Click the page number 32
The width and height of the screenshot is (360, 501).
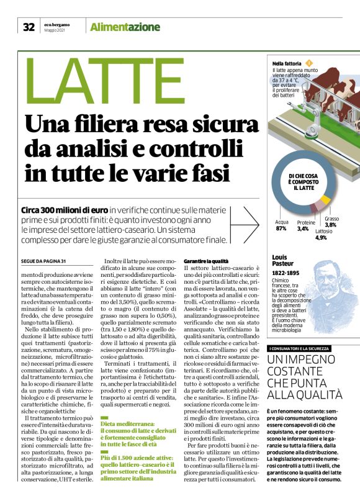[29, 27]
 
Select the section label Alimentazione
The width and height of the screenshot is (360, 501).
[125, 27]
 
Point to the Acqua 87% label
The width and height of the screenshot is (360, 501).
[282, 225]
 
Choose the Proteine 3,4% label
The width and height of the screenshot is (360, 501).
[306, 225]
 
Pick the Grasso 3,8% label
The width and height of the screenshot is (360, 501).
[331, 222]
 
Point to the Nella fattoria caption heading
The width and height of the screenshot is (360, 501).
[287, 63]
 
